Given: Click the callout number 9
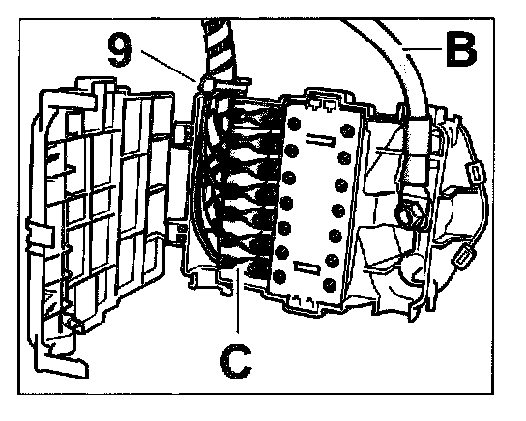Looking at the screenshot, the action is tap(120, 50).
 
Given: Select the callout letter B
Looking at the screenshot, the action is tap(461, 49).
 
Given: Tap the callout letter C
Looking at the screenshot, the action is tap(236, 362).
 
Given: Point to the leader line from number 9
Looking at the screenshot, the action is tap(169, 66).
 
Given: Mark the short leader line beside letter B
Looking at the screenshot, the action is tap(423, 49).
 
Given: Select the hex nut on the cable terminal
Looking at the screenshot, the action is tap(408, 213).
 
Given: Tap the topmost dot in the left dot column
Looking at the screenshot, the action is tap(294, 124).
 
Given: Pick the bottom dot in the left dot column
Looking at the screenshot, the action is tap(279, 277).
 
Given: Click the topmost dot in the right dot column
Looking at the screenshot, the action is tap(347, 130).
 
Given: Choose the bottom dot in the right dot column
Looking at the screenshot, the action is tap(329, 284).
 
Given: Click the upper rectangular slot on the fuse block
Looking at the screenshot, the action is tap(320, 140).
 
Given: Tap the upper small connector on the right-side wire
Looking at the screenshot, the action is tap(477, 173).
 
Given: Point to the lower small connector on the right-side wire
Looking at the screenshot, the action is tap(463, 258).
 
